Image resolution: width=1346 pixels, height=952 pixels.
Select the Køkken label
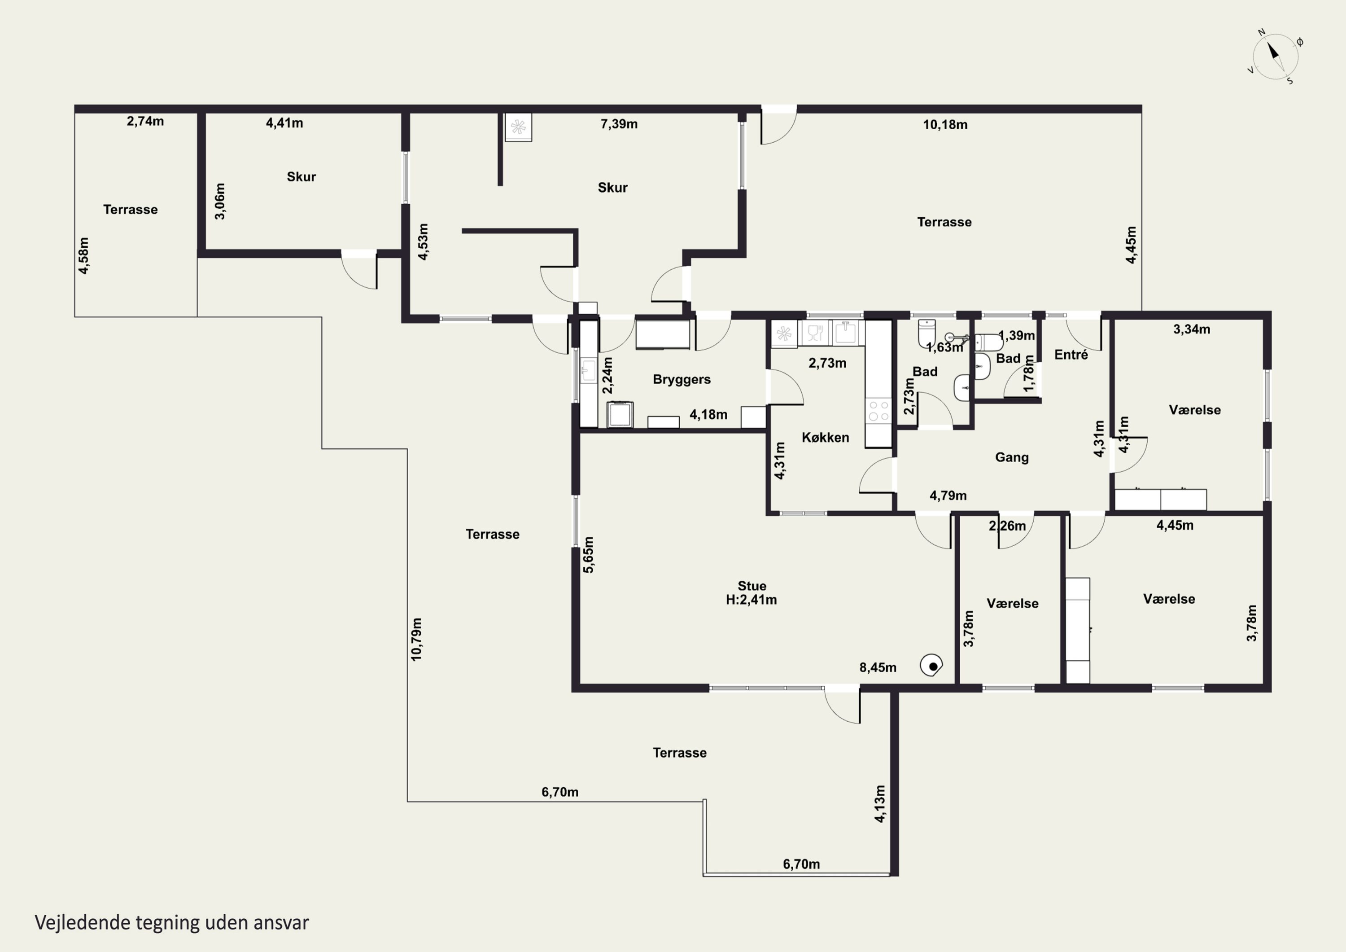tap(825, 438)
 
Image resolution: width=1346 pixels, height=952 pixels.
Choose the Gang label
tap(1011, 457)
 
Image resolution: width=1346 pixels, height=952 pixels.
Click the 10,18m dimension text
tap(945, 124)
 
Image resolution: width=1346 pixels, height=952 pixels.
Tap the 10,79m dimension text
tap(416, 639)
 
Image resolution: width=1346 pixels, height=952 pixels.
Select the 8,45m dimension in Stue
tap(878, 667)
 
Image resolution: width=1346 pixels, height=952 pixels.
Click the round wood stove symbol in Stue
tap(931, 666)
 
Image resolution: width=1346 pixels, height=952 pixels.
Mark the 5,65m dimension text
tap(589, 554)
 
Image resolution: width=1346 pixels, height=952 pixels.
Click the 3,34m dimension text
tap(1191, 329)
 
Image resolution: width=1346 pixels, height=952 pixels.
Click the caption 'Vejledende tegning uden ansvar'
tap(172, 922)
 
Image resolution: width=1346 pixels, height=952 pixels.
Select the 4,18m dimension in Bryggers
tap(708, 415)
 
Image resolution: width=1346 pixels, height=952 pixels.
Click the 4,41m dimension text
tap(284, 123)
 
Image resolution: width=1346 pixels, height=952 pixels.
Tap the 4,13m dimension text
tap(879, 803)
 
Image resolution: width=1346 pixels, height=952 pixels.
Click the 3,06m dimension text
tap(220, 201)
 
